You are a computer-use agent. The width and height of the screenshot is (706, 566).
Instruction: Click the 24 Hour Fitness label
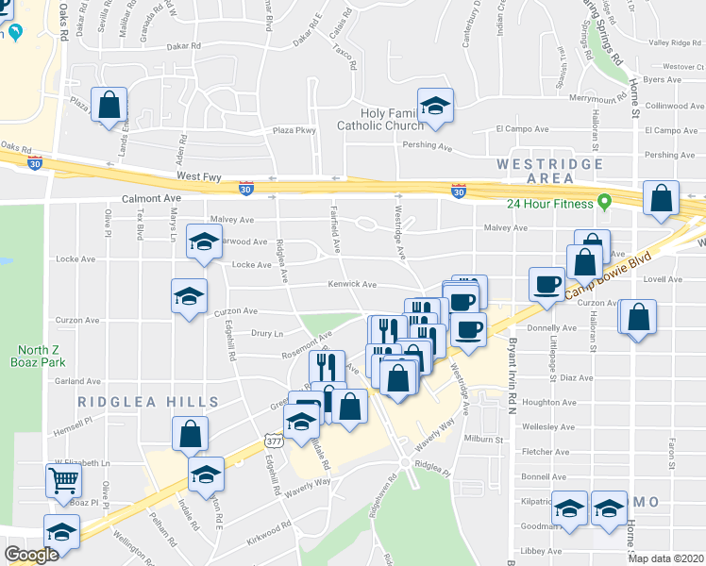[547, 203]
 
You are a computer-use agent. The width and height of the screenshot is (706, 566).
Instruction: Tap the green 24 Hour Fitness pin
[605, 202]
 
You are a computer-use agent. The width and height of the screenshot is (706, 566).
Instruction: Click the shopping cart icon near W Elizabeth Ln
[63, 480]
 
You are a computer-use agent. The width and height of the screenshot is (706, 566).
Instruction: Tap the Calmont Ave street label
[150, 199]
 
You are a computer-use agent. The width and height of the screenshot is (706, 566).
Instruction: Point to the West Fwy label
[196, 175]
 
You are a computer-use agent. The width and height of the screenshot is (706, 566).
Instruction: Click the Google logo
[31, 555]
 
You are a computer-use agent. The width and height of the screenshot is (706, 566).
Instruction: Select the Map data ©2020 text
[666, 558]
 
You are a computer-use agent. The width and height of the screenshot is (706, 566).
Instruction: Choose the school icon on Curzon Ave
[189, 295]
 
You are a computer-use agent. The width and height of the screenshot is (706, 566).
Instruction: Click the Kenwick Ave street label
[352, 284]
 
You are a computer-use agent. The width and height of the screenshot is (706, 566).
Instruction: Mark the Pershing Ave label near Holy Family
[428, 147]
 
